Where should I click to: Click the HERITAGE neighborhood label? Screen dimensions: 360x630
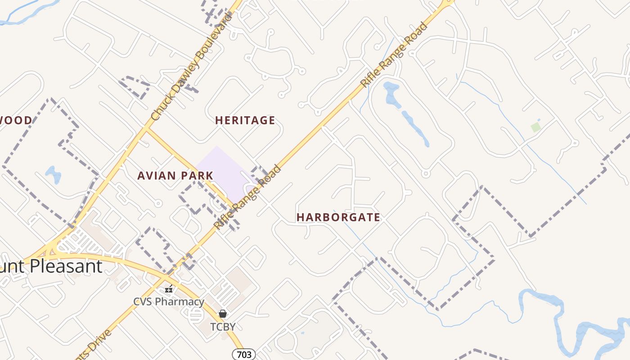[x=245, y=121]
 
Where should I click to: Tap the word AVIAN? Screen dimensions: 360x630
[x=157, y=176]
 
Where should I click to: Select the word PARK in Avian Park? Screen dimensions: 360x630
[x=197, y=176]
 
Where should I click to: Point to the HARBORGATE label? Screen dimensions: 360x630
[x=338, y=217]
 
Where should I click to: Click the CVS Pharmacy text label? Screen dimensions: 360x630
[x=169, y=301]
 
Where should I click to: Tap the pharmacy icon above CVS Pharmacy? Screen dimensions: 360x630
[x=169, y=289]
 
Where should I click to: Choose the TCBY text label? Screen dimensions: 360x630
[x=223, y=326]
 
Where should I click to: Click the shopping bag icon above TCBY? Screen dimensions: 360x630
[x=223, y=314]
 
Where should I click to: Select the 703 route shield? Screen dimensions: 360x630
[x=244, y=355]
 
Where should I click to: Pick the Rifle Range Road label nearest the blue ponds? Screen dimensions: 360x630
[x=394, y=55]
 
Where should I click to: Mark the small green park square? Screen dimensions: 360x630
[x=535, y=127]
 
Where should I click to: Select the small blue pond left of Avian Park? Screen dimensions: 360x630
[x=53, y=174]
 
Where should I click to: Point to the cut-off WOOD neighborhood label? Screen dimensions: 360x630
[x=16, y=121]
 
